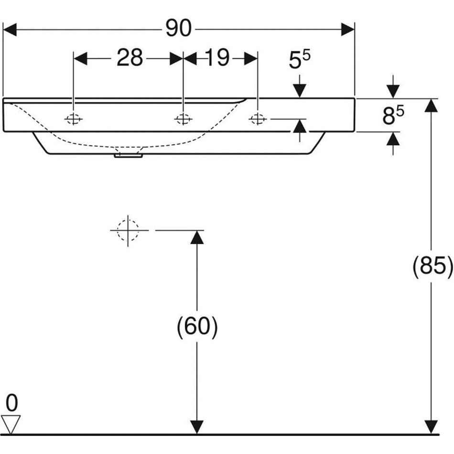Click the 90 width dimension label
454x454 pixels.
coord(178,30)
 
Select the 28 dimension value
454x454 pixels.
coord(130,58)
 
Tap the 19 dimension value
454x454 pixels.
coord(217,58)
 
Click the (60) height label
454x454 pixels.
coord(197,328)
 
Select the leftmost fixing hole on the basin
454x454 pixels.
coord(73,119)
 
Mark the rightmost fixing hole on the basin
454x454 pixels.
coord(258,119)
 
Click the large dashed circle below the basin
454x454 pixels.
coord(128,230)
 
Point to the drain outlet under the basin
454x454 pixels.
coord(128,155)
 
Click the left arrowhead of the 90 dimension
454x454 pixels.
coord(10,30)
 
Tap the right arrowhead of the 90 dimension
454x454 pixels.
coord(348,30)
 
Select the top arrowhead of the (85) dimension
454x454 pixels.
coord(432,106)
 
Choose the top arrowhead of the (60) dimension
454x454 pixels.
coord(197,237)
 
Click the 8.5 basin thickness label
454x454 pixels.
coord(393,116)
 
